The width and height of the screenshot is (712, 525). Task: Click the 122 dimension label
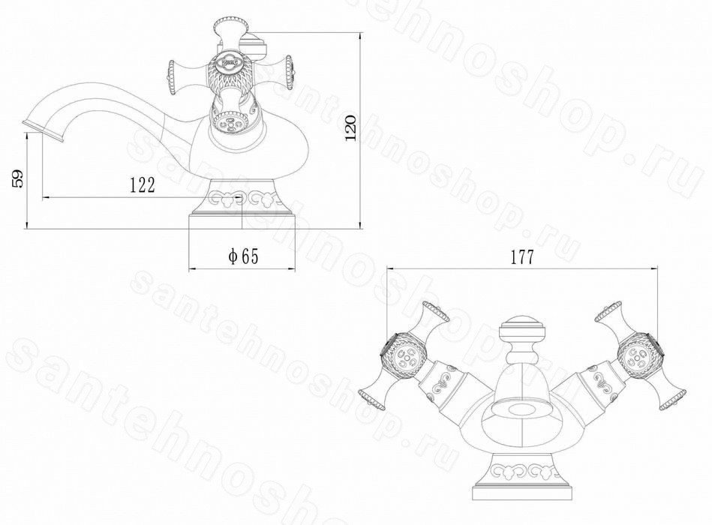click(x=143, y=184)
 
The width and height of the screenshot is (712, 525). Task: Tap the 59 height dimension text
click(x=18, y=178)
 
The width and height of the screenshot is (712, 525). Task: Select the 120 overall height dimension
click(x=351, y=127)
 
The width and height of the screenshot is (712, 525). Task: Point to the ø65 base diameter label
click(x=243, y=256)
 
